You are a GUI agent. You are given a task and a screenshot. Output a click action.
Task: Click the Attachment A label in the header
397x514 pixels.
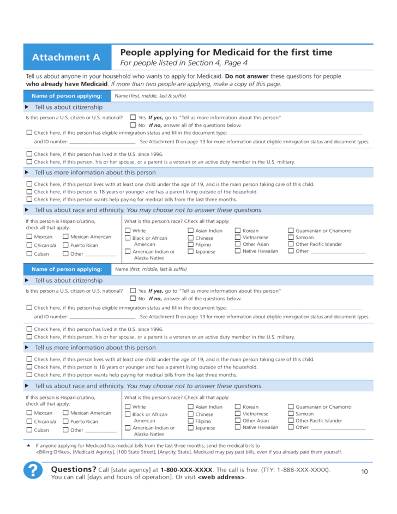(66, 57)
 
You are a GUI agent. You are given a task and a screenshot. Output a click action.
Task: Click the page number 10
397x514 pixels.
(365, 471)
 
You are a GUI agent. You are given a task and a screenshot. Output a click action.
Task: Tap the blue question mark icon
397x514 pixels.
(34, 470)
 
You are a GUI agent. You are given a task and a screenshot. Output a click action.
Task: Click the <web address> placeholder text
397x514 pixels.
(221, 477)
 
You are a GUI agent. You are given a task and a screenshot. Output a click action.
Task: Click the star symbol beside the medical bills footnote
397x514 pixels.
(28, 445)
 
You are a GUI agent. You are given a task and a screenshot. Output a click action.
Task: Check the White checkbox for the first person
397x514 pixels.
(128, 231)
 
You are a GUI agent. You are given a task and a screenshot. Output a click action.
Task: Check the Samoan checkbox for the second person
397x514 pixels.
(291, 414)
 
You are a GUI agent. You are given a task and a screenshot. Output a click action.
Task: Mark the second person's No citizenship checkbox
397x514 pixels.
(133, 299)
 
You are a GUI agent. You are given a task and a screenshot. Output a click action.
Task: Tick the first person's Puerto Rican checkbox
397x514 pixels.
(65, 245)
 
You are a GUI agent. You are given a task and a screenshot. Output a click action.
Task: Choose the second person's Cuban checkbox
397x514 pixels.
(29, 430)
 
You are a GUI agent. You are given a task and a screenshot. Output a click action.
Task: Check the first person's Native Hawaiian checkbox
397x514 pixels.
(238, 251)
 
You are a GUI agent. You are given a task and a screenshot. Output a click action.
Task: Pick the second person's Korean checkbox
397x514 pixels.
(238, 407)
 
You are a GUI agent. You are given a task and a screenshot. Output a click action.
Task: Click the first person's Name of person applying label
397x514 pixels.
(67, 96)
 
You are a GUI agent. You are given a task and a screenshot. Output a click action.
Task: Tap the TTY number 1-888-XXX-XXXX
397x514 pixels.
(302, 470)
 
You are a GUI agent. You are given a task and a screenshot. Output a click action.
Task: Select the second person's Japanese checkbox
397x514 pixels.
(191, 428)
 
